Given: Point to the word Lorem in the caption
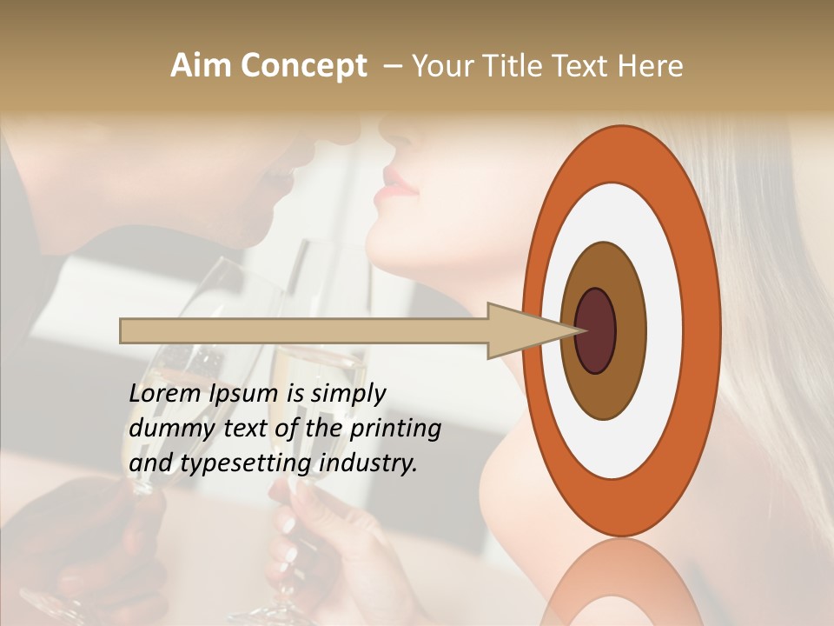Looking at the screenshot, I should [x=164, y=394].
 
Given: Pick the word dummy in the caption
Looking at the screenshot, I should [x=166, y=430].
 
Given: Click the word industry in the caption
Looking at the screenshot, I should [x=368, y=463].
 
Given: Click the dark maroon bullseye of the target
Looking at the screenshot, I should [x=595, y=330].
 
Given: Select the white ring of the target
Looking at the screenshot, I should [x=664, y=330].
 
